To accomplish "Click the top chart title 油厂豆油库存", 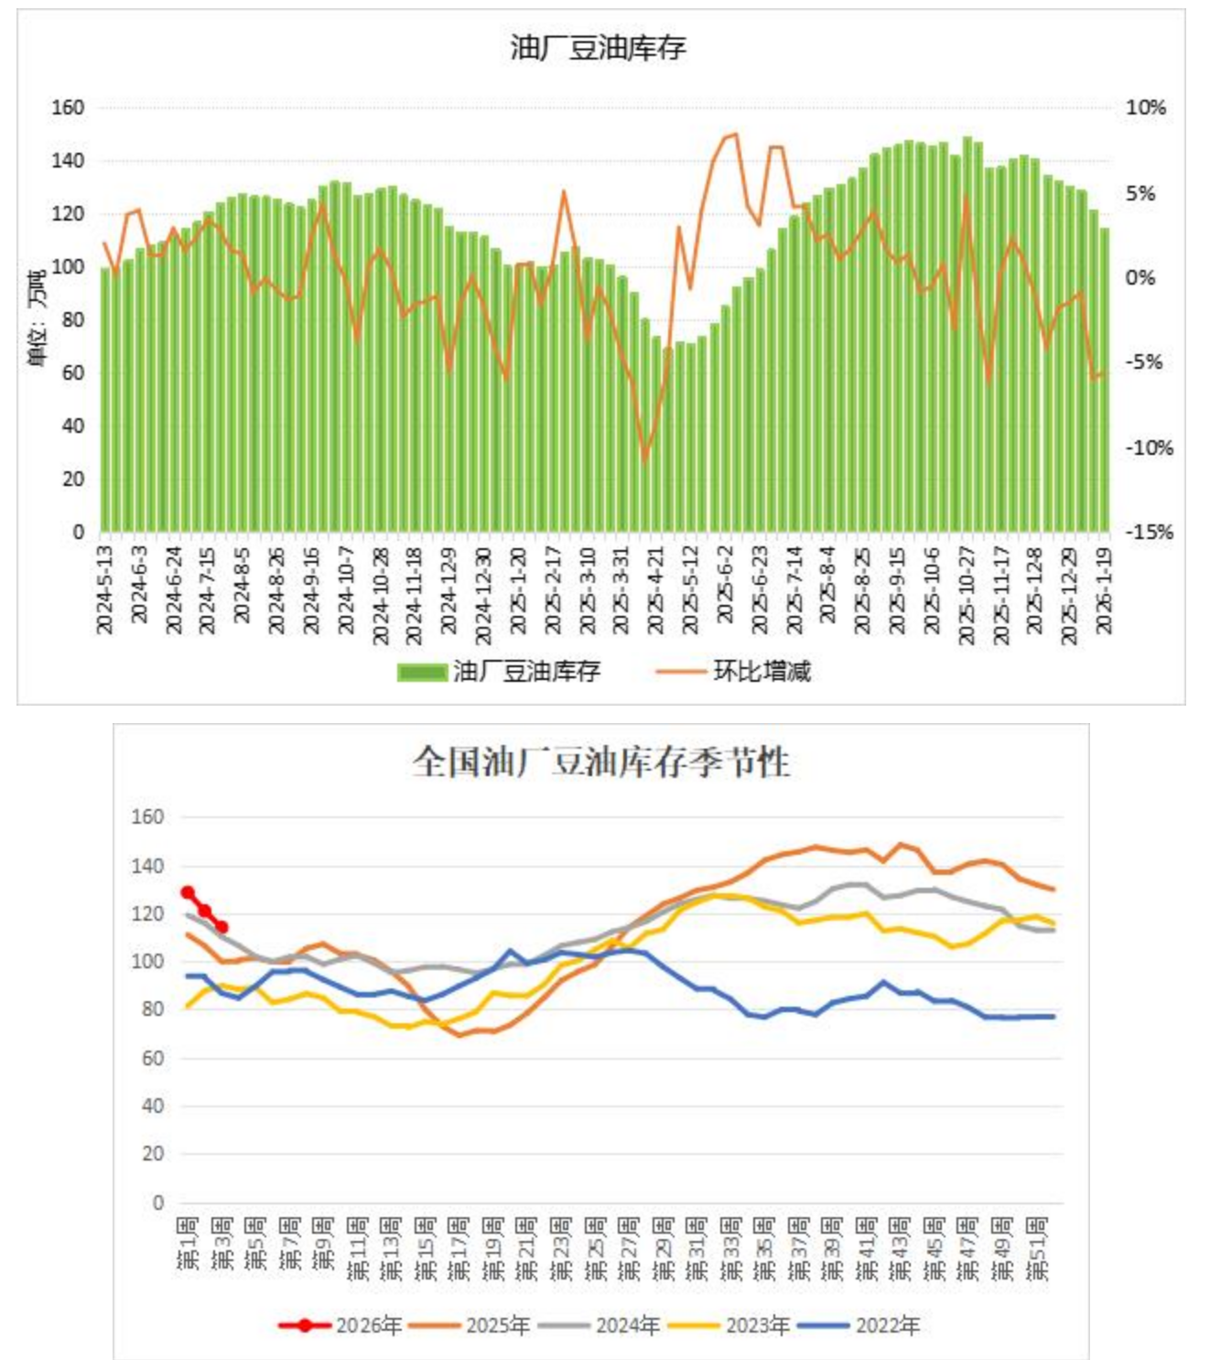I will click(598, 48).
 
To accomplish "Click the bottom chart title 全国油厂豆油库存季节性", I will click(600, 761).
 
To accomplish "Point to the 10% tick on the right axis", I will click(1145, 108).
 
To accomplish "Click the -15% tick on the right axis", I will click(1149, 532).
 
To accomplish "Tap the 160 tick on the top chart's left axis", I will click(68, 108).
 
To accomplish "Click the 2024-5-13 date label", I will click(104, 589).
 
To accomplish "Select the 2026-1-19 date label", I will click(1104, 589).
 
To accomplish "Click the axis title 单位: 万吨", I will click(37, 318).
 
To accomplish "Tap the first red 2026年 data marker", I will click(188, 892).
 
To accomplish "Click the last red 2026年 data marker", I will click(221, 927).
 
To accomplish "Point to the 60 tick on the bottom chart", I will click(153, 1058).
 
